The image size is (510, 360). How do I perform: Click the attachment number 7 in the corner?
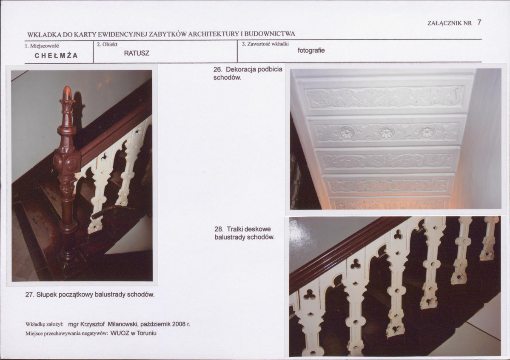pyautogui.click(x=479, y=22)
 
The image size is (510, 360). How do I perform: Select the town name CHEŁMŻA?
pyautogui.click(x=56, y=56)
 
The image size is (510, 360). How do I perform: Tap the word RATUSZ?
pyautogui.click(x=137, y=53)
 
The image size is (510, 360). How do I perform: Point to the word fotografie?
pyautogui.click(x=311, y=51)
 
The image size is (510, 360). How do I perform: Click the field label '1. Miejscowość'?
pyautogui.click(x=42, y=46)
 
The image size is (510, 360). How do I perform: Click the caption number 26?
pyautogui.click(x=218, y=70)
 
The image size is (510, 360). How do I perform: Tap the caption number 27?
pyautogui.click(x=30, y=295)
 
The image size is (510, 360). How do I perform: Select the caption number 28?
pyautogui.click(x=219, y=229)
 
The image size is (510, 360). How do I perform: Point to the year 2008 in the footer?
pyautogui.click(x=179, y=324)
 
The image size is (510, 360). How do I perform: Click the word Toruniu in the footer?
pyautogui.click(x=147, y=333)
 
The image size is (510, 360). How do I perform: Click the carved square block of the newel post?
pyautogui.click(x=67, y=162)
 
